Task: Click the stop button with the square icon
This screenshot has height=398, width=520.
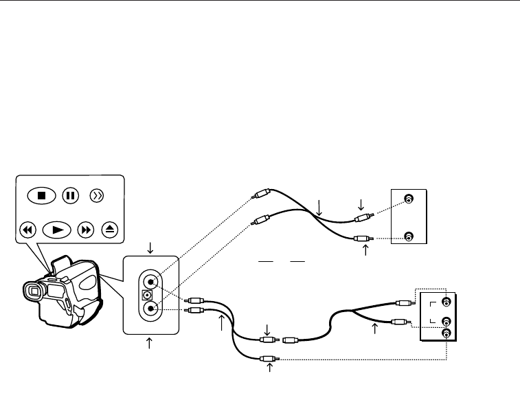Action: [41, 195]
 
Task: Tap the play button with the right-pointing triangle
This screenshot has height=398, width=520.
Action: [56, 230]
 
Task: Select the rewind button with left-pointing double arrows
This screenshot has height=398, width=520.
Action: [27, 230]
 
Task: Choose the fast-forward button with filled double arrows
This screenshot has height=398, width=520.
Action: [87, 230]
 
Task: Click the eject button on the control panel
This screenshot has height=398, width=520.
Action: [110, 230]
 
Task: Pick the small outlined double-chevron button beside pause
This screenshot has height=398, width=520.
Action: [98, 195]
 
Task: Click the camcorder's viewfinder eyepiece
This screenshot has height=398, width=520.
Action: [31, 291]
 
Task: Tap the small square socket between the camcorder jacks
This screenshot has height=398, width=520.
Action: [145, 295]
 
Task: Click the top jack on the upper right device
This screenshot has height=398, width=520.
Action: [409, 199]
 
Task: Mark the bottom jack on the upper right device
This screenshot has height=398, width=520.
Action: [409, 238]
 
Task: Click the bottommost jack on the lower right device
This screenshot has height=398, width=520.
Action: [446, 333]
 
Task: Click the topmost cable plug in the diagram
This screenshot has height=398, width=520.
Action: [259, 195]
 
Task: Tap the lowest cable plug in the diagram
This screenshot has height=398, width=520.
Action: [268, 358]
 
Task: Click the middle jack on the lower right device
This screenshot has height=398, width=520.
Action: [446, 321]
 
